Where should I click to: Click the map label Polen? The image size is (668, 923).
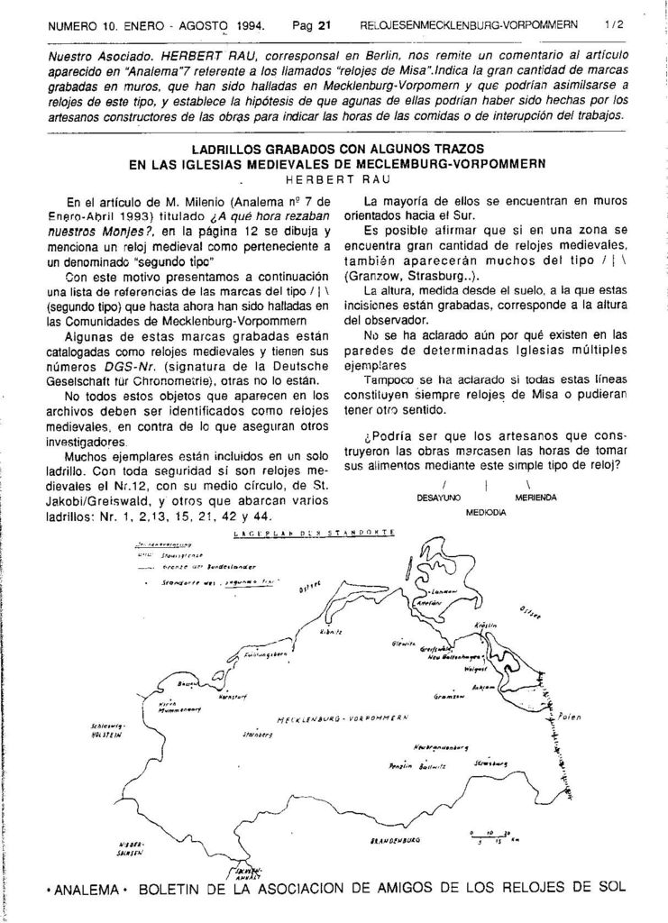[x=570, y=717]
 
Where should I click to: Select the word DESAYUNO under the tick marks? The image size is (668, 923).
[x=438, y=497]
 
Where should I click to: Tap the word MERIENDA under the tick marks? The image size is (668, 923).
[x=536, y=497]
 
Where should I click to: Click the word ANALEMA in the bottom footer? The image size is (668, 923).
[x=87, y=890]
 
